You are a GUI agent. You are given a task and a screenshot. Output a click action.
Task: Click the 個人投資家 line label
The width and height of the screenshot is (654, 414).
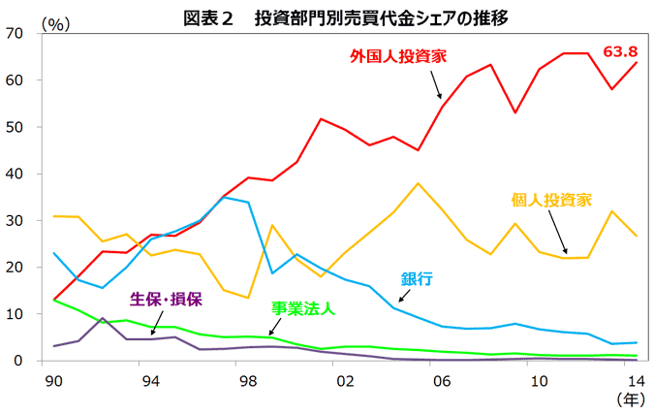pyautogui.click(x=551, y=201)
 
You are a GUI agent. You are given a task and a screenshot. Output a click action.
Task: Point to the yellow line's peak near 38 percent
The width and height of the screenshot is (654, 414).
pyautogui.click(x=418, y=183)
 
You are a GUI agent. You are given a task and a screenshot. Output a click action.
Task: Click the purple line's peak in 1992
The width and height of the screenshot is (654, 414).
pyautogui.click(x=102, y=318)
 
